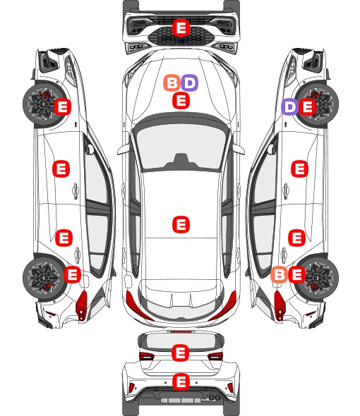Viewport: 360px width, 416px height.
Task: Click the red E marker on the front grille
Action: pos(181,27)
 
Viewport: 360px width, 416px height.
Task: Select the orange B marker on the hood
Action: pos(172,82)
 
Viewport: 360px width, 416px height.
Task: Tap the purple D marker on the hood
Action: pos(190,82)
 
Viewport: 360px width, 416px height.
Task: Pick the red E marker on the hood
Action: pos(181,101)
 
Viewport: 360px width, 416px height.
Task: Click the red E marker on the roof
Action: pos(181,224)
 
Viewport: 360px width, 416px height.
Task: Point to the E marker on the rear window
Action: pos(181,353)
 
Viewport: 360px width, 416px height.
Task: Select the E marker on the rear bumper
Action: pos(181,381)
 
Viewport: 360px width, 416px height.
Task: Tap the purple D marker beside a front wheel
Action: pos(290,106)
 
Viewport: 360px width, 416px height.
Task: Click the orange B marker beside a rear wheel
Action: pos(280,274)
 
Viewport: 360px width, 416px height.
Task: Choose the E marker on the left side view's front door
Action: pos(61,169)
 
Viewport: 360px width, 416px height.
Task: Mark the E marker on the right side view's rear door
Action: pos(296,238)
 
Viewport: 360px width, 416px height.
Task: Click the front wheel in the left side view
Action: pos(42,104)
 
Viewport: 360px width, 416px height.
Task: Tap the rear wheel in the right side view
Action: pos(318,277)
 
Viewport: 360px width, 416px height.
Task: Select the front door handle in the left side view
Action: pos(76,190)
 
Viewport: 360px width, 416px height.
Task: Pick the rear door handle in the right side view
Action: pos(284,255)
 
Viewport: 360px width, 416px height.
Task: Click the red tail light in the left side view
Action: pos(81,305)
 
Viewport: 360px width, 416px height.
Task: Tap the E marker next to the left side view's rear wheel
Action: pos(72,274)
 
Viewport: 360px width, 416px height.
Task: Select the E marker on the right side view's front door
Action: pos(300,169)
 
